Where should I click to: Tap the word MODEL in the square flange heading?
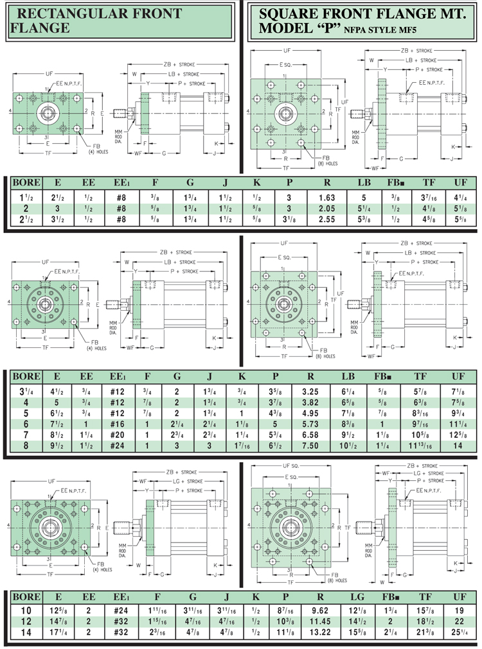[281, 28]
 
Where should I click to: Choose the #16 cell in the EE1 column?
[117, 426]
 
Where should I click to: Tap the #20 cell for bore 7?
[117, 437]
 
